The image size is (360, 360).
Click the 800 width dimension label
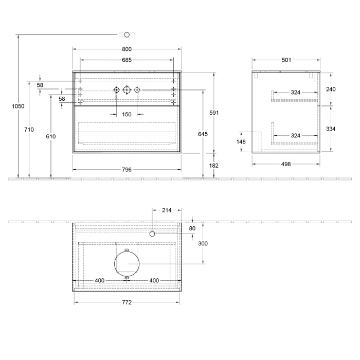[x=127, y=49]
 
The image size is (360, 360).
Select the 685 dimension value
[x=127, y=60]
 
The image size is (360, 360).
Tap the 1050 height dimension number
[x=18, y=106]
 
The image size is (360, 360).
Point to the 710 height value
[x=29, y=130]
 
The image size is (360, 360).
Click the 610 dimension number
[x=50, y=137]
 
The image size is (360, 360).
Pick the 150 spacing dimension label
[x=127, y=114]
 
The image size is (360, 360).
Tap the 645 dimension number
[x=203, y=134]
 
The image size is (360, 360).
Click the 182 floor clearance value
[x=214, y=166]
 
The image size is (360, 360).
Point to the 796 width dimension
[x=127, y=169]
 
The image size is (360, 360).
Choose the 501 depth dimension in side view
[x=286, y=60]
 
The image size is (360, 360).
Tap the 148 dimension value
[x=241, y=141]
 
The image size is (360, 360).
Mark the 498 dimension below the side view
[x=286, y=164]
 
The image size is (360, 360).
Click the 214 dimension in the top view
[x=167, y=210]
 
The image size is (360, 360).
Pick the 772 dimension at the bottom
[x=127, y=302]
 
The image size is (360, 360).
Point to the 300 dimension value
[x=203, y=243]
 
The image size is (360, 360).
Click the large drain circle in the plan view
[x=127, y=264]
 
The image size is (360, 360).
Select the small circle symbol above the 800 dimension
[x=127, y=34]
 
